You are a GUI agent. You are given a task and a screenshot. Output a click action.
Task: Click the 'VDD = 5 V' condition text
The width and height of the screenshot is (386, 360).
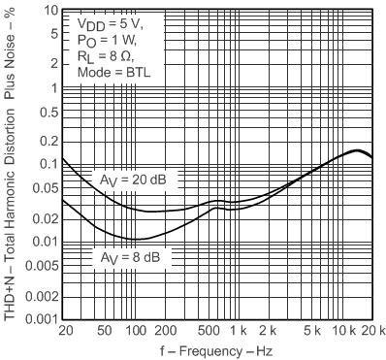coord(109,20)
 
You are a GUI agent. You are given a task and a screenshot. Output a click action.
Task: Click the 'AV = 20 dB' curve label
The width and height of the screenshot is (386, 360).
coord(135,180)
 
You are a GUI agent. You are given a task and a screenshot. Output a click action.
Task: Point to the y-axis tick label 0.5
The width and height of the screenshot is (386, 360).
coord(43,111)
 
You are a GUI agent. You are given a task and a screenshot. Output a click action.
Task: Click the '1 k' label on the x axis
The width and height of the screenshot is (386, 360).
coord(246,332)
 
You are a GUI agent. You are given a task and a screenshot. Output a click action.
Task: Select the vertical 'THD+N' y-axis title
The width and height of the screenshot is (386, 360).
coord(11,165)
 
